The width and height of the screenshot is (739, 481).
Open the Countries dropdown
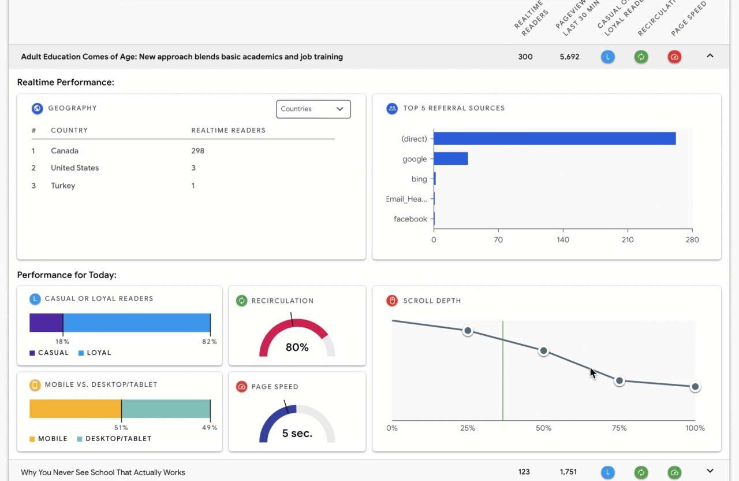click(x=313, y=109)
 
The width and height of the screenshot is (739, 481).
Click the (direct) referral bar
click(x=554, y=139)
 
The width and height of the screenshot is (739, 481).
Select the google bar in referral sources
click(x=450, y=158)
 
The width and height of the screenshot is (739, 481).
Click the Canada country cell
click(x=65, y=151)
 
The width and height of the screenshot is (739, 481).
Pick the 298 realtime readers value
click(x=198, y=151)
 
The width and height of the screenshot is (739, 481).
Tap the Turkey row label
click(x=63, y=186)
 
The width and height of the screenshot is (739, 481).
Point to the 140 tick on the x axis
click(x=563, y=240)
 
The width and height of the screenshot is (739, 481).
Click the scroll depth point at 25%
click(x=468, y=331)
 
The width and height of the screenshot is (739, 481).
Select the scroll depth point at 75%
click(x=619, y=381)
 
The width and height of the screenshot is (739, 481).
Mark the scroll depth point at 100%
click(x=695, y=387)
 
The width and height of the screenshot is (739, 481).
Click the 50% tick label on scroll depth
click(x=543, y=428)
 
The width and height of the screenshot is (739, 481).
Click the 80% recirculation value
click(x=297, y=347)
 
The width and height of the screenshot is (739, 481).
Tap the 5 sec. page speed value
click(x=297, y=434)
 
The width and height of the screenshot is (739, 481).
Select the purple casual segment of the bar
click(x=46, y=323)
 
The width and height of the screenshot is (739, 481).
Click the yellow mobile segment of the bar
click(x=75, y=409)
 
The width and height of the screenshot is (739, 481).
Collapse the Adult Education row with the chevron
click(x=710, y=56)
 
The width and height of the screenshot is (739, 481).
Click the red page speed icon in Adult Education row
click(x=674, y=57)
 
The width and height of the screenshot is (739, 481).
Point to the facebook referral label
click(x=410, y=219)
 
